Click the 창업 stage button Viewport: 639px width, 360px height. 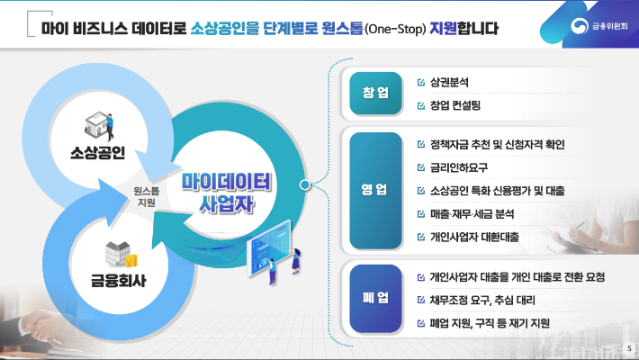(375, 93)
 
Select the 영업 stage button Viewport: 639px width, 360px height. (374, 190)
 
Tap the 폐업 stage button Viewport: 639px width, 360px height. (374, 298)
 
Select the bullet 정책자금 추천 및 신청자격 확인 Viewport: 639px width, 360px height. (498, 144)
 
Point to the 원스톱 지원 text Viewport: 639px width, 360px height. (146, 197)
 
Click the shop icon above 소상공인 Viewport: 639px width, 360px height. (98, 123)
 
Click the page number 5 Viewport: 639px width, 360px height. (627, 348)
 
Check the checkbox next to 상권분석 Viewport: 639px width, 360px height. (421, 83)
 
